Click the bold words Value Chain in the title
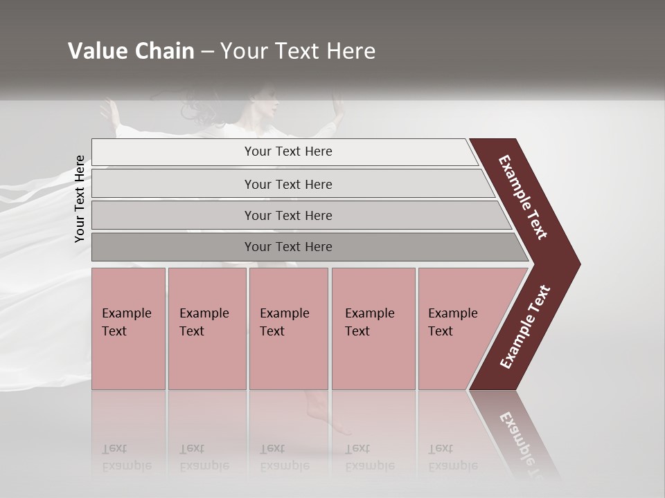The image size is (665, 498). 131,51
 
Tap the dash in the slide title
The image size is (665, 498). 207,52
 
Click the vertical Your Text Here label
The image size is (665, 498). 80,199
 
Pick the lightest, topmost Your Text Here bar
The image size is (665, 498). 288,151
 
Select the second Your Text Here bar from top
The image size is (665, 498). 288,184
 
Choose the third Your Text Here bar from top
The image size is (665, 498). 288,215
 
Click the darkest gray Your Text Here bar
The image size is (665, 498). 288,247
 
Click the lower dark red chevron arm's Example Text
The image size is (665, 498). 525,326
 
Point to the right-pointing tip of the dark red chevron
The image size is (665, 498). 578,264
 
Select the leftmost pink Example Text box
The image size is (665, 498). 128,328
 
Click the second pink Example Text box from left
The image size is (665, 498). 206,328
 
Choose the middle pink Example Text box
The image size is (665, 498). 288,328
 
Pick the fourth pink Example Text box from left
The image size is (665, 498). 373,328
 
